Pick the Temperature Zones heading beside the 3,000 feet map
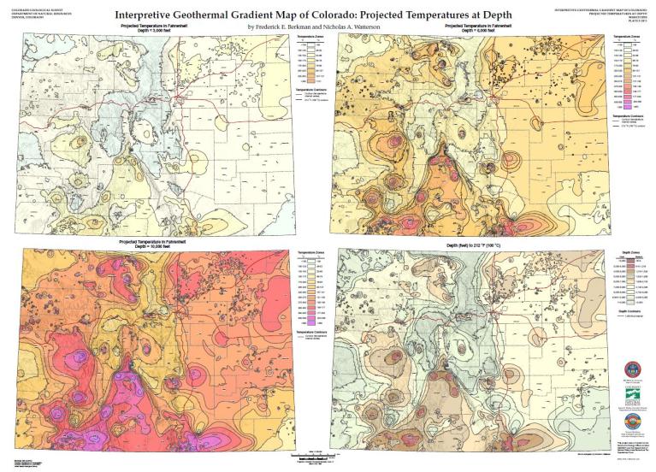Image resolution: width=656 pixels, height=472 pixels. pos(306,39)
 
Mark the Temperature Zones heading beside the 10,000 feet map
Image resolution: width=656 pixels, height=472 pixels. pos(306,253)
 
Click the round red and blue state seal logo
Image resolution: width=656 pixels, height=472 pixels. pos(632,369)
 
